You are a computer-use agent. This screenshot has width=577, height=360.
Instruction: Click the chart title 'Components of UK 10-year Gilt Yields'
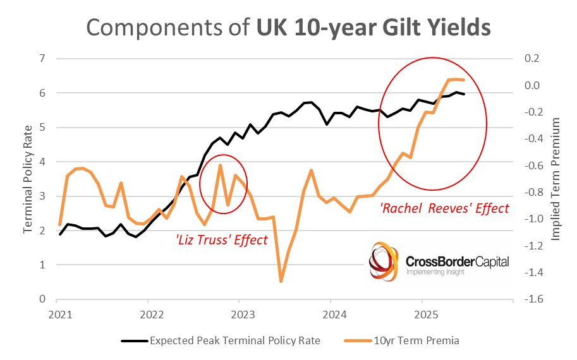[288, 28]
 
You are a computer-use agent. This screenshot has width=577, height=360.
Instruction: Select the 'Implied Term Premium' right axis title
[556, 179]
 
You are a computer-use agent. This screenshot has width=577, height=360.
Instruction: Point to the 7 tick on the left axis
[43, 59]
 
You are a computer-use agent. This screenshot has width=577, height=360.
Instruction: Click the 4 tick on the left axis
[43, 162]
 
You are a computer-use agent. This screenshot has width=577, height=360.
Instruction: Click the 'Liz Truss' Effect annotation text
[221, 240]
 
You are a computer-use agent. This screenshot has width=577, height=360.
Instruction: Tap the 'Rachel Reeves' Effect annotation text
[445, 208]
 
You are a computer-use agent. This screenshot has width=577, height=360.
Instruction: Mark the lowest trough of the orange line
[281, 282]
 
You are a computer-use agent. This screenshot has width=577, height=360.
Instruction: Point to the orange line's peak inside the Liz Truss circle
[220, 165]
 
